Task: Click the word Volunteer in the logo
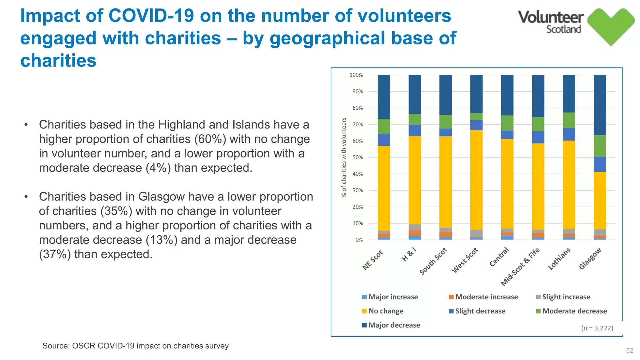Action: pos(551,17)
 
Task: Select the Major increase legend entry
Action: pos(393,297)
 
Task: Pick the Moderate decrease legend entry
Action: pos(574,311)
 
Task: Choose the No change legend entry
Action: pos(386,311)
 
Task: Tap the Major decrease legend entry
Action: pos(394,325)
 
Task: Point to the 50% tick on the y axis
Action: pos(357,157)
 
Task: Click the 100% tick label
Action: pos(356,75)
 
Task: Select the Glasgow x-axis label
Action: pos(590,258)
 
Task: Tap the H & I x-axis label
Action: pos(409,254)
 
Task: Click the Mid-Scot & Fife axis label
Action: pos(520,267)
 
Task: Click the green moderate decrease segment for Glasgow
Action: pos(600,146)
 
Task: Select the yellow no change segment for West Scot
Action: pos(476,180)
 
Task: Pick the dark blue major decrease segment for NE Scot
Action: pos(384,97)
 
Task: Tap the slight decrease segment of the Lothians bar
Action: pos(569,134)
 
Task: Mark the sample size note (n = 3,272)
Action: pos(597,328)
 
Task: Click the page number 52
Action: pos(629,351)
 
